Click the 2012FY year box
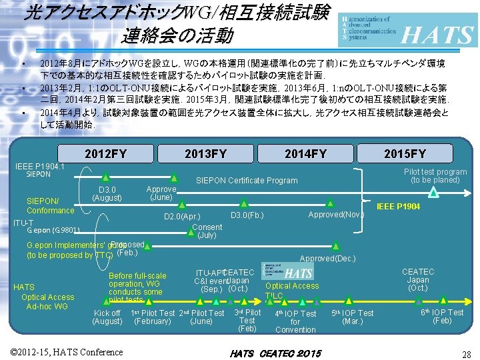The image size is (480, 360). [105, 154]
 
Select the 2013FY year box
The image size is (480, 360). [205, 154]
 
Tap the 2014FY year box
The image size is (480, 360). [305, 154]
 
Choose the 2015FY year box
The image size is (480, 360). [405, 154]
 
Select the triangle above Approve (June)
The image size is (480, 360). [174, 178]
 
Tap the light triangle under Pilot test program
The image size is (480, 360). [434, 192]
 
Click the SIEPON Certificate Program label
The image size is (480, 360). [246, 181]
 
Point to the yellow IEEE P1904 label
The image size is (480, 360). [399, 207]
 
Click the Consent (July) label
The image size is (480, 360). [207, 231]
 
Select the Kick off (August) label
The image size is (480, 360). [107, 317]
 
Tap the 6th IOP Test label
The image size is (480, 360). [442, 316]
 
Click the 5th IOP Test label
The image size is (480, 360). [353, 317]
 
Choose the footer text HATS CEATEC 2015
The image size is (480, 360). [275, 353]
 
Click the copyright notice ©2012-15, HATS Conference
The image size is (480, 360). [67, 351]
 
